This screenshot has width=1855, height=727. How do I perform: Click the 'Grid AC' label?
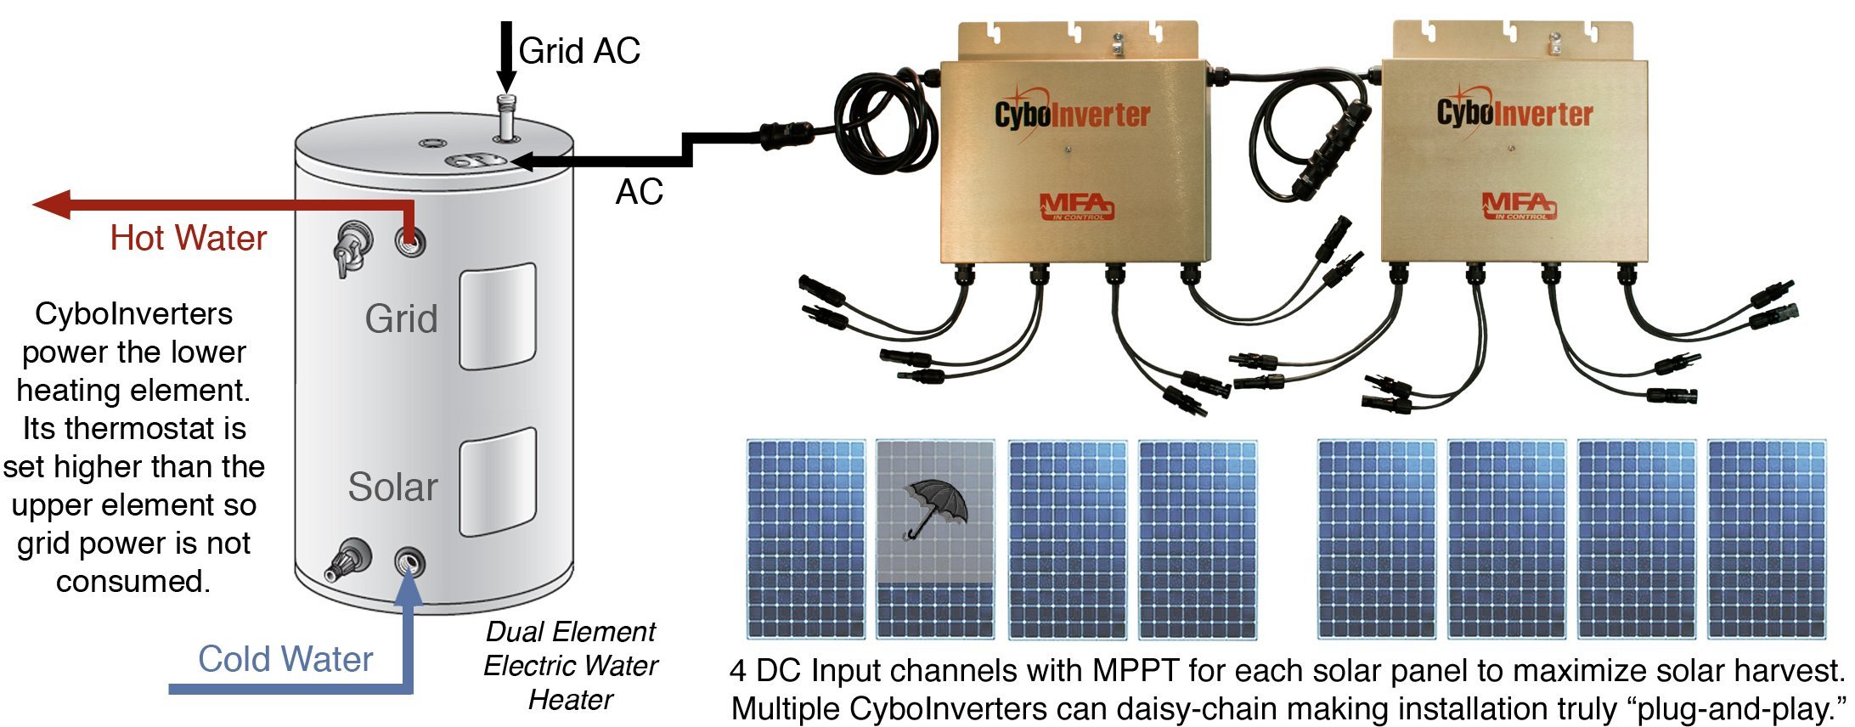(x=579, y=51)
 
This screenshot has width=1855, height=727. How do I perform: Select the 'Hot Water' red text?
(x=188, y=239)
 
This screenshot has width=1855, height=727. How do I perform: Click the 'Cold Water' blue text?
(x=285, y=660)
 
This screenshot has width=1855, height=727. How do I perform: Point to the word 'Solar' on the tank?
(x=392, y=487)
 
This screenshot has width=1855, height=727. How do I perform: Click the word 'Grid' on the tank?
(x=401, y=319)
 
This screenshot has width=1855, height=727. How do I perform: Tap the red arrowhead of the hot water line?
(x=53, y=205)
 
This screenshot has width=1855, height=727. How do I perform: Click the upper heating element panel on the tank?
(x=498, y=316)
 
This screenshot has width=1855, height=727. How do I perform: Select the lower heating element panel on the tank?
(x=498, y=482)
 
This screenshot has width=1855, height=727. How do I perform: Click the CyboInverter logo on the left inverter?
(x=1072, y=115)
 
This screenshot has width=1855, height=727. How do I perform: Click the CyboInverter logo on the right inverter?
(x=1514, y=113)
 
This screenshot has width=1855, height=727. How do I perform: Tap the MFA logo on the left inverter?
(x=1076, y=206)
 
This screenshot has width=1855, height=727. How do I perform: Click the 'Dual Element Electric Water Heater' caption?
(x=571, y=666)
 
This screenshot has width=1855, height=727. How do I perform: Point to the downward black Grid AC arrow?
(x=506, y=55)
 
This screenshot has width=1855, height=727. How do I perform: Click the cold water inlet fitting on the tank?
(x=410, y=561)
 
